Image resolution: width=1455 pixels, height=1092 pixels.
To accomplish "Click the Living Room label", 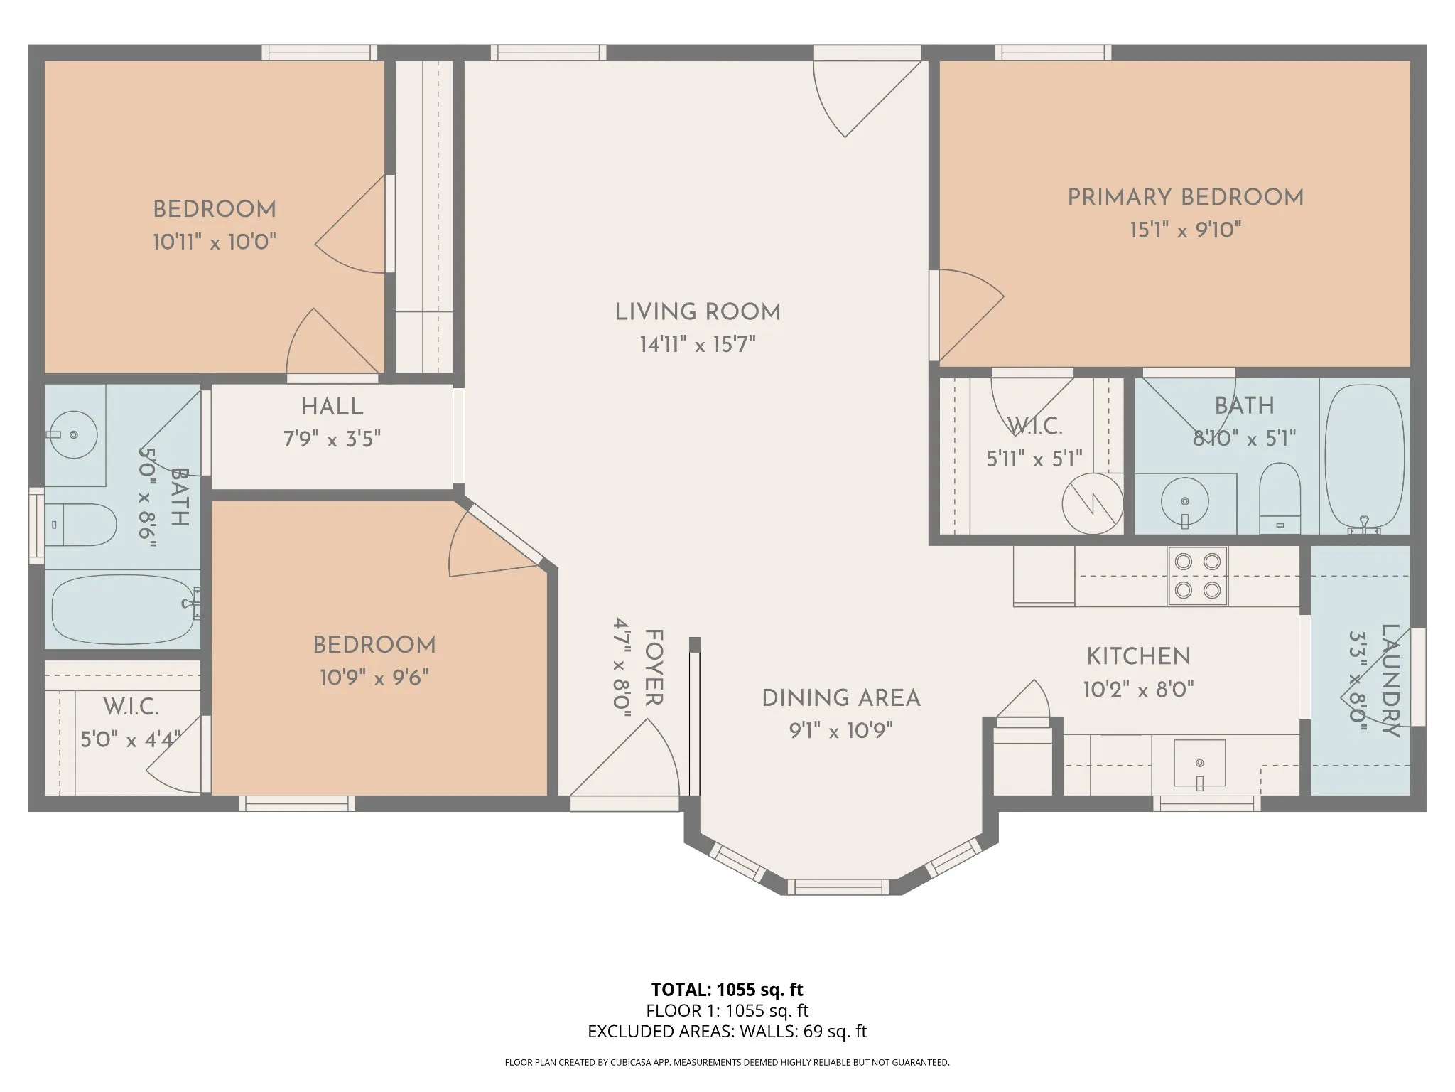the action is point(698,312).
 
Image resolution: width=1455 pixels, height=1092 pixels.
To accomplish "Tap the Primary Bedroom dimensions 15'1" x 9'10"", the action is point(1186,230).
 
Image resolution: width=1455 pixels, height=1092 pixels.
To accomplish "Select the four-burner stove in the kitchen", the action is point(1198,576).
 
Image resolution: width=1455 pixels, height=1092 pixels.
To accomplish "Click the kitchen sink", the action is point(1199,763).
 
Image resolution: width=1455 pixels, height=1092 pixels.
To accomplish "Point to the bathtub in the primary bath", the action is point(1365,459).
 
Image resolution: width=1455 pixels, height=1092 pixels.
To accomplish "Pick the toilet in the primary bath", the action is point(1280,498).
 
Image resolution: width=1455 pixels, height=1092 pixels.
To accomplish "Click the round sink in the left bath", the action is point(74,434).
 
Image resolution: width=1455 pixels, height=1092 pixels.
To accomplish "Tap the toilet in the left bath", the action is point(80,525).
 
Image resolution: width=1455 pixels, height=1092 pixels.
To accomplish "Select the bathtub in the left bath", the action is point(125,609).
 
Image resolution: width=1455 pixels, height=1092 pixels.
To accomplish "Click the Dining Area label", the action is point(841,698).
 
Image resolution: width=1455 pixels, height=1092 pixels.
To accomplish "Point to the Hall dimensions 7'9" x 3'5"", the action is point(332,439).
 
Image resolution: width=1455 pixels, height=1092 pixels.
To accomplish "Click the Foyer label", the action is point(654,667).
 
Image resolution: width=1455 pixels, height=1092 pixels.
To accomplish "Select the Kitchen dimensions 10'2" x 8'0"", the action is point(1139,689).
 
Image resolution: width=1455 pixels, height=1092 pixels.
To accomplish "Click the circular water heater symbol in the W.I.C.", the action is point(1093,503).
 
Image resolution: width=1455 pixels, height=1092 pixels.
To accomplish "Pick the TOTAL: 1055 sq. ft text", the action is point(727,989).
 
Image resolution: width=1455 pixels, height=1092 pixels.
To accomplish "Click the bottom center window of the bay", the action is point(838,887).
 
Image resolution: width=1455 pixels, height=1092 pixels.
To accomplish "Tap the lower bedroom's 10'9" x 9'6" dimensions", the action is point(374,678).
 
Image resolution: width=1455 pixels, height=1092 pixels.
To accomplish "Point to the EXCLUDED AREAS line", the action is point(727,1031).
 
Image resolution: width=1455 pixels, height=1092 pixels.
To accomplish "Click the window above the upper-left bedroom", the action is point(320,53).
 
